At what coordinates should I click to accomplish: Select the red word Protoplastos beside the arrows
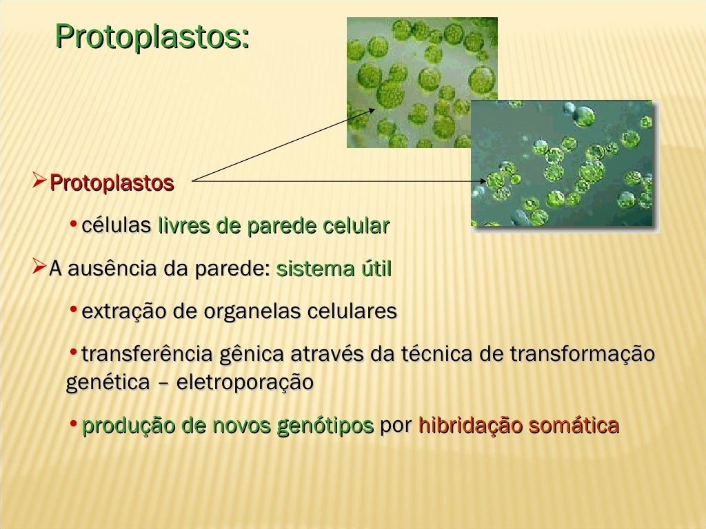coord(112,184)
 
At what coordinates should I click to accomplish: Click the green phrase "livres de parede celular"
coord(274,226)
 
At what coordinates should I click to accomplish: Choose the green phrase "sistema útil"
coord(333,269)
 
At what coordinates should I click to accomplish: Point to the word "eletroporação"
coord(245,382)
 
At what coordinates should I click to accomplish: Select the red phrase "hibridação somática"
coord(518,426)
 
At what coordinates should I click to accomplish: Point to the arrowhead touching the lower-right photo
coord(482,182)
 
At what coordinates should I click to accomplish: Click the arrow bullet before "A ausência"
coord(39,267)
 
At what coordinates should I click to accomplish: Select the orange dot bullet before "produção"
coord(73,423)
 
